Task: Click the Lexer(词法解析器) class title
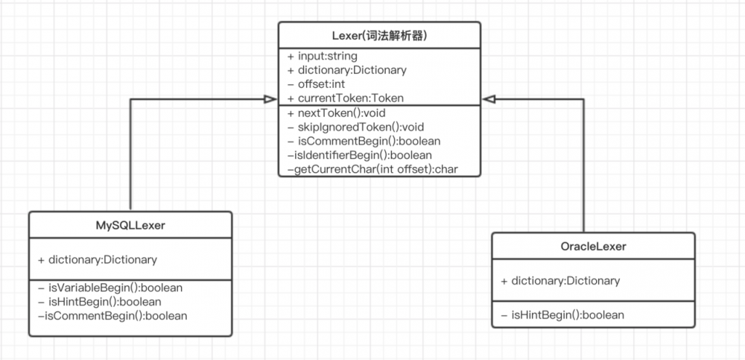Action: pos(379,35)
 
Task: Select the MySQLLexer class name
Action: pos(130,224)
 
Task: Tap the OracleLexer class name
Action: pos(593,246)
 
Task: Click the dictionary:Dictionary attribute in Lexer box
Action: pos(346,70)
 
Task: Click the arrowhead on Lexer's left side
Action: pos(271,98)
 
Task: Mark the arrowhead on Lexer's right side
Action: pos(489,98)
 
